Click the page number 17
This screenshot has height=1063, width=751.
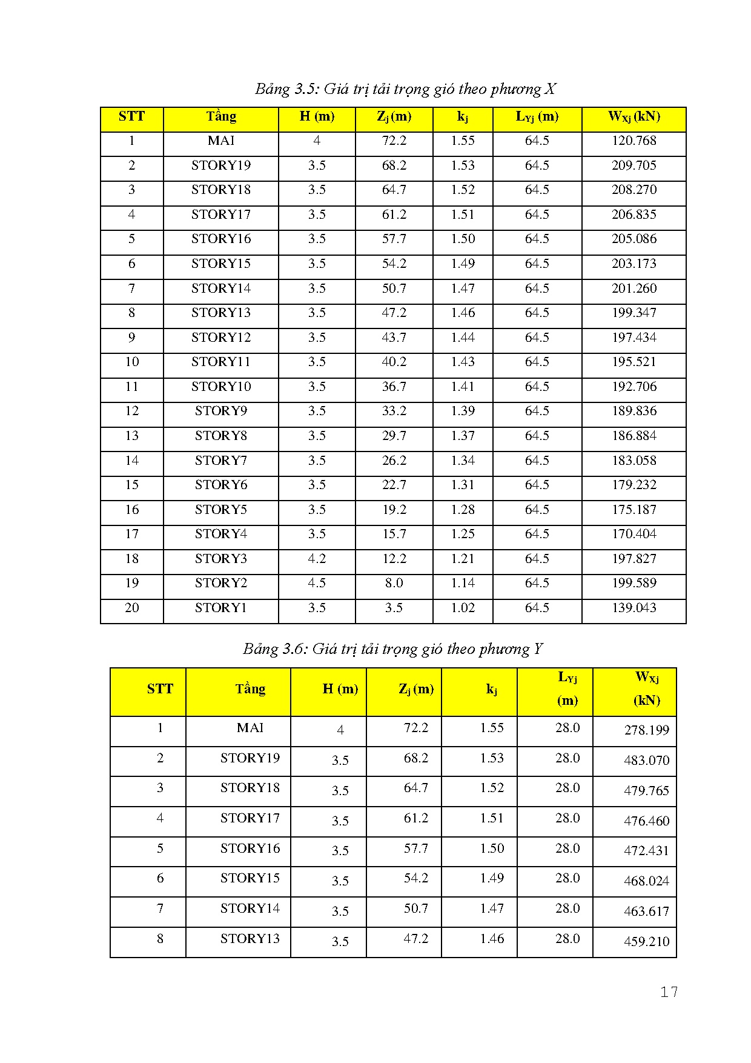click(669, 992)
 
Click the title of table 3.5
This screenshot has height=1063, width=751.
click(405, 89)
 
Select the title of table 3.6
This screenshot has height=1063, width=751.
click(392, 649)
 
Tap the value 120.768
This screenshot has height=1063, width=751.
click(634, 141)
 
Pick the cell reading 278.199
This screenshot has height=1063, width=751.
click(646, 730)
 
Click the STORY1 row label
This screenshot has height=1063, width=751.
click(220, 608)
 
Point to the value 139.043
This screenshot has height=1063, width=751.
click(634, 608)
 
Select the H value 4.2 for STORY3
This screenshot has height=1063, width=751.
click(317, 559)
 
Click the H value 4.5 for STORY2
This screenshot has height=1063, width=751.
click(317, 583)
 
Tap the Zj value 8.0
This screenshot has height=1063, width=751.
click(394, 583)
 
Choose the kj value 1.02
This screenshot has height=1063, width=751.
click(463, 608)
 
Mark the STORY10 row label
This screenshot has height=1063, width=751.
click(220, 387)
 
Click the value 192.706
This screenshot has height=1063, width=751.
click(634, 387)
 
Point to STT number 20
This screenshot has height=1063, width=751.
click(132, 608)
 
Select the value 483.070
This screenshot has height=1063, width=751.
click(646, 761)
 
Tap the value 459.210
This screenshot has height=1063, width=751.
click(646, 942)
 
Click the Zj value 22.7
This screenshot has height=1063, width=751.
click(394, 485)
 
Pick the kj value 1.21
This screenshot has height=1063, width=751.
click(463, 559)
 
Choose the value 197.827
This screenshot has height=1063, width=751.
click(634, 559)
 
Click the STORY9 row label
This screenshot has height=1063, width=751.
click(220, 411)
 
